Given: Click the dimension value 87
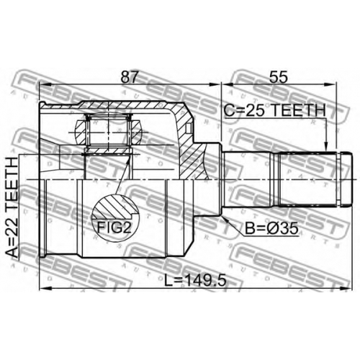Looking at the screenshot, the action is (130, 77).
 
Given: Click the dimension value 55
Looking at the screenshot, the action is (278, 77).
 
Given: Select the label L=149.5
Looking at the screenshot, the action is (195, 280).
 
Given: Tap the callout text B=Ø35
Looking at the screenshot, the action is (271, 228).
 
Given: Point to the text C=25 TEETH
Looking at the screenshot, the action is (275, 110).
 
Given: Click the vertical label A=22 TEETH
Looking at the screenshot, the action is (12, 207).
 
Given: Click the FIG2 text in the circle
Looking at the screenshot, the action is (114, 228).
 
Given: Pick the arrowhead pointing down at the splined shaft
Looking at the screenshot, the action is (325, 146).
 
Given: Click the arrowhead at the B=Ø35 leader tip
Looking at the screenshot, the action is (224, 218).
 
